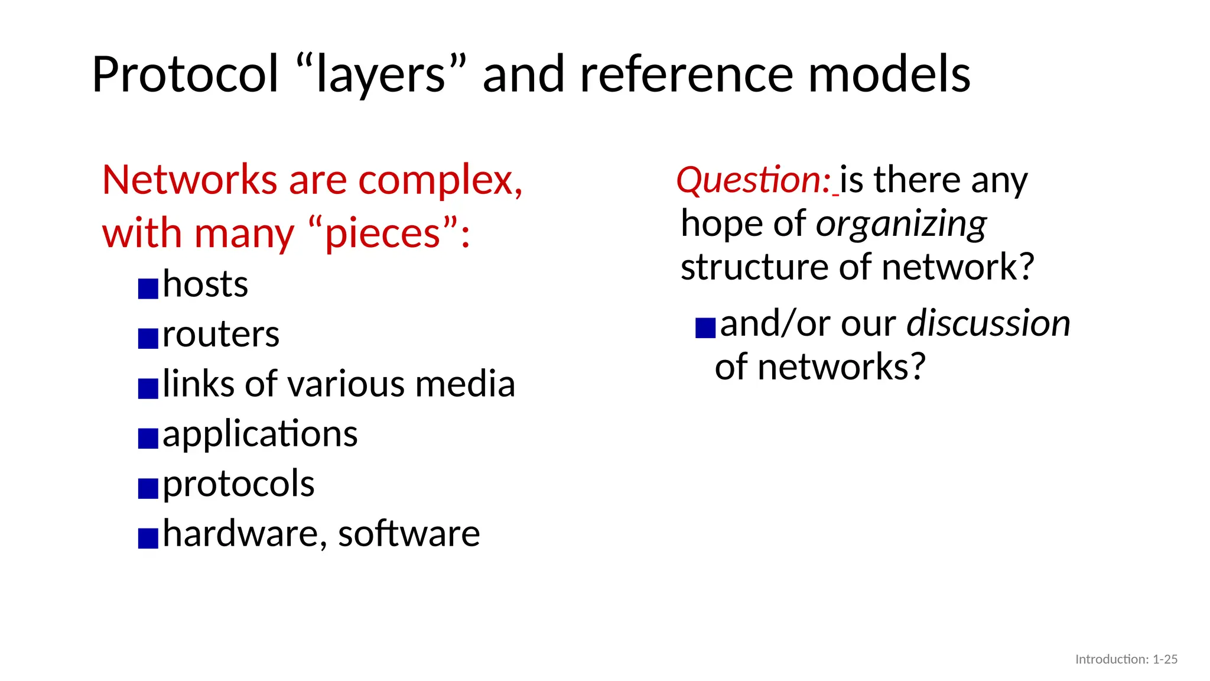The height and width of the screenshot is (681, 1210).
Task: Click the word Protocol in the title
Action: click(x=185, y=75)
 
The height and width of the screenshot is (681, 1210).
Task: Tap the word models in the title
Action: click(x=889, y=75)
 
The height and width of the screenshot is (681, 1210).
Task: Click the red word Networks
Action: click(x=190, y=180)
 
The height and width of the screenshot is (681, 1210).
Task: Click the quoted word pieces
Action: click(x=383, y=234)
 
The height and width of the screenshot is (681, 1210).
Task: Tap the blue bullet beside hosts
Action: click(x=148, y=288)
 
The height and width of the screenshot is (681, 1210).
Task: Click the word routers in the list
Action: click(x=221, y=335)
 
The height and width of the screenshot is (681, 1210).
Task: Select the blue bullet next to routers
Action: click(x=148, y=339)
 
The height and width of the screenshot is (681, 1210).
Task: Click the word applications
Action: click(x=260, y=434)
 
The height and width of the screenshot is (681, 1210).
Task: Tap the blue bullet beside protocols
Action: click(x=148, y=488)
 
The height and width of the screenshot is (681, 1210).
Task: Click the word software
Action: click(x=409, y=534)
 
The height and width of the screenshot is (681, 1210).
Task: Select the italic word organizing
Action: click(x=901, y=225)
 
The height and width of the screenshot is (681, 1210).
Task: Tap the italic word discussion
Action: click(x=988, y=323)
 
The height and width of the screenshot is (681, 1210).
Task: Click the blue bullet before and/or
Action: click(x=705, y=327)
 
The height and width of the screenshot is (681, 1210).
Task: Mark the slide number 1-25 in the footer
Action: click(x=1165, y=659)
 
